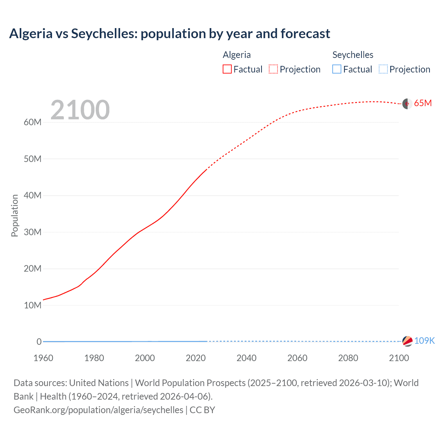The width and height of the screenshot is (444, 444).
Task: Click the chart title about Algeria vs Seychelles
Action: (x=170, y=34)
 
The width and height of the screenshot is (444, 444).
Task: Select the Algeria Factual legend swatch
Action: (x=227, y=69)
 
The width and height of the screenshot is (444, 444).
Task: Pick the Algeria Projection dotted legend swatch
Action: (x=273, y=69)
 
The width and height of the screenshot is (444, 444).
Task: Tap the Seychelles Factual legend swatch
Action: (x=337, y=69)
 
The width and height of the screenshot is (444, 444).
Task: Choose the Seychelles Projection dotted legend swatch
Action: (x=383, y=69)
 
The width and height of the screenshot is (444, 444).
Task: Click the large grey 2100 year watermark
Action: (x=80, y=110)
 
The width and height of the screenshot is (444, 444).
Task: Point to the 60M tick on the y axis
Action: (x=33, y=122)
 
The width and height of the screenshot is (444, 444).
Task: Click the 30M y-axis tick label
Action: (x=33, y=232)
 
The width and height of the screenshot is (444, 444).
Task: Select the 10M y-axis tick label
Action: (x=33, y=305)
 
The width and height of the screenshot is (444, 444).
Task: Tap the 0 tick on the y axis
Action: (x=39, y=342)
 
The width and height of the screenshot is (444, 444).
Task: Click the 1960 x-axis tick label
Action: (x=43, y=358)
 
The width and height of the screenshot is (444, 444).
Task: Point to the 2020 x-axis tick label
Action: (x=196, y=358)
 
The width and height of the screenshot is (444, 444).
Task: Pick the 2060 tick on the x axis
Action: (x=297, y=358)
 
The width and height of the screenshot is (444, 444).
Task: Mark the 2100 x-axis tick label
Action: (x=399, y=358)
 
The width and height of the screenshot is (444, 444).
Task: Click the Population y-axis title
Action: (x=15, y=215)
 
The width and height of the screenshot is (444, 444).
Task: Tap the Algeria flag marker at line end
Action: (x=407, y=104)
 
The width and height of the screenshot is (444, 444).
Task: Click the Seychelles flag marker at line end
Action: (x=407, y=341)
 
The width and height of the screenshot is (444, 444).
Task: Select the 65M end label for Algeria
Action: (x=423, y=103)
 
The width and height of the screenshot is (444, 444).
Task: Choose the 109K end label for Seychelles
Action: (x=424, y=341)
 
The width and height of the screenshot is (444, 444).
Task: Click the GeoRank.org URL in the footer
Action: (x=99, y=410)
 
